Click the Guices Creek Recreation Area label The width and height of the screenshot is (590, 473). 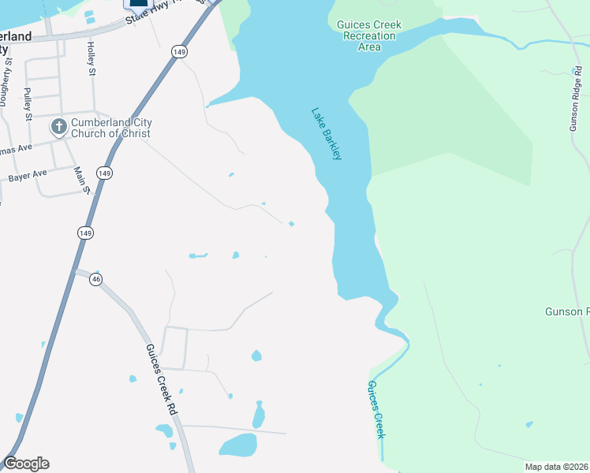click(x=369, y=36)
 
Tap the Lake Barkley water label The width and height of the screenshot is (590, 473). click(x=327, y=134)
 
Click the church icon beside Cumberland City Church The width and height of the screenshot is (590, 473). click(x=58, y=127)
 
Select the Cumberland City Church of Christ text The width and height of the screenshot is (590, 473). click(x=111, y=128)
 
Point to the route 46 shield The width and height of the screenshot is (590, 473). click(x=96, y=279)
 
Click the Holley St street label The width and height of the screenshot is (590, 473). click(x=91, y=59)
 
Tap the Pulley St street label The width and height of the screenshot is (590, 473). click(x=28, y=105)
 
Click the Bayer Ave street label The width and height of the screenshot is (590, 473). click(x=28, y=176)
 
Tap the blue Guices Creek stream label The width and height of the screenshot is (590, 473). click(x=376, y=410)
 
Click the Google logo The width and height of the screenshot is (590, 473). click(x=26, y=464)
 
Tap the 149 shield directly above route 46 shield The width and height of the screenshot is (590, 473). click(x=86, y=233)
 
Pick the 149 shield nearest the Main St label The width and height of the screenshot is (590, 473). click(x=104, y=173)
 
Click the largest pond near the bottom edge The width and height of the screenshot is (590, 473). click(x=237, y=445)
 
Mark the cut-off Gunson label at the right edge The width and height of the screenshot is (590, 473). click(x=567, y=311)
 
